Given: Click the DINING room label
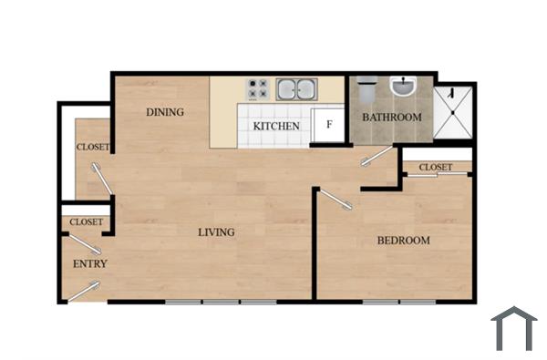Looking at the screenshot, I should coord(166,112).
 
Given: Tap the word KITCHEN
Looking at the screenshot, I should coord(276,126).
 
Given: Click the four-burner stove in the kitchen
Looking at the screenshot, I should coord(258,89).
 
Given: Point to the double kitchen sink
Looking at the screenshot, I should coord(298,89).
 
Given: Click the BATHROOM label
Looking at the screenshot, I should coord(392,118).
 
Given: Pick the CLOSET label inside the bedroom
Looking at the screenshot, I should coord(436,168).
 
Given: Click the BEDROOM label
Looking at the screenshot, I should coord(403,241).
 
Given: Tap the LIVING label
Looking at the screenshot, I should coord(216,232).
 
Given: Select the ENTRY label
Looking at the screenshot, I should coord(89,264).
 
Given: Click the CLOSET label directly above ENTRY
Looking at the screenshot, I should coord(87,221).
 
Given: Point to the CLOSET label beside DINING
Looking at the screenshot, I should coord(93,147).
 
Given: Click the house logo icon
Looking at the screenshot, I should coord(513,329).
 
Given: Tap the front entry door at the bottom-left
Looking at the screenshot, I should coord(85,291).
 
